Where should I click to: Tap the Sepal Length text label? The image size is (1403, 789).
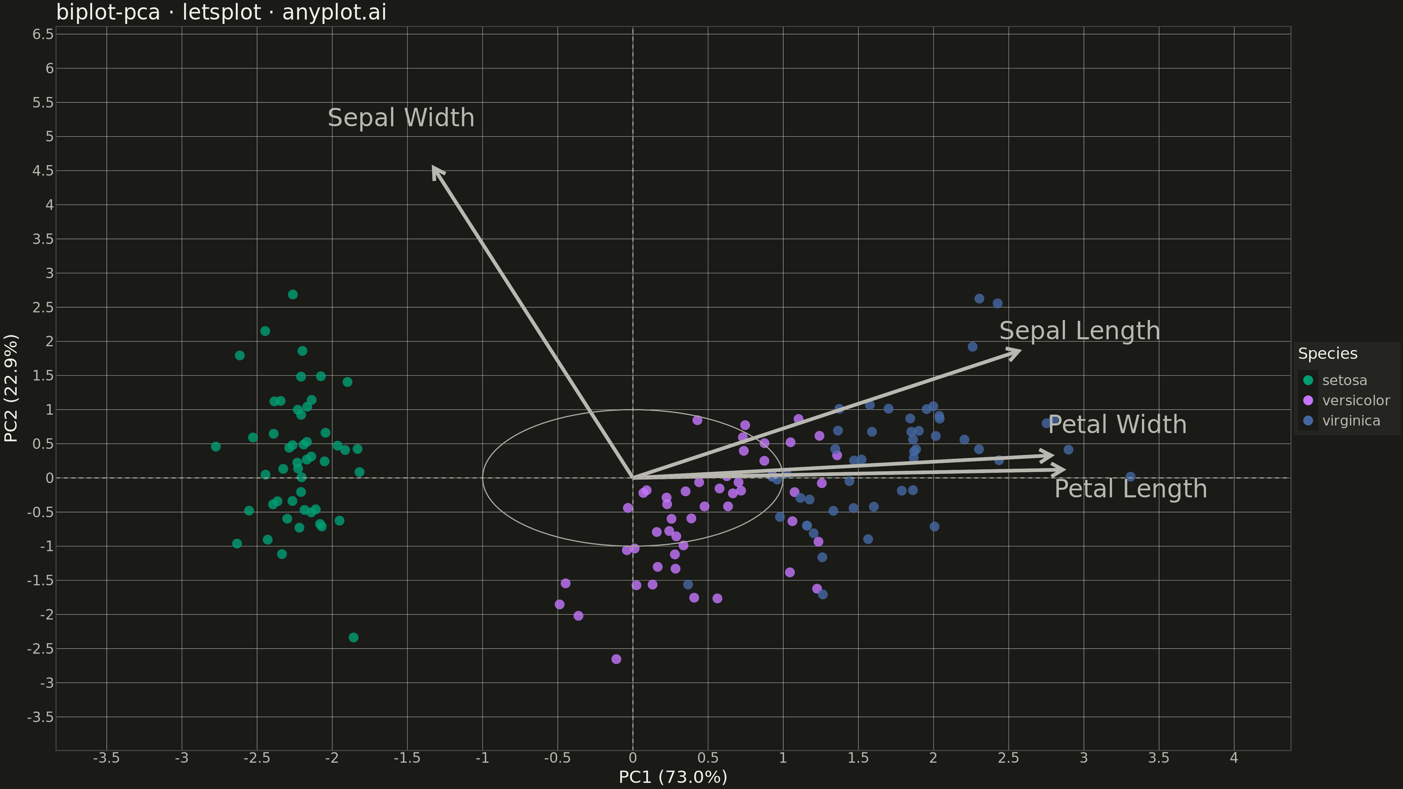pos(1079,331)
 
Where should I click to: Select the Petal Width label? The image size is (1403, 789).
pos(1117,425)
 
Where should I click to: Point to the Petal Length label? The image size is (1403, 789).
pos(1131,489)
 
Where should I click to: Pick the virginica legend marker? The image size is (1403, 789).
pos(1308,421)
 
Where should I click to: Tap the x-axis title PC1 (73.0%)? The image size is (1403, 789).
pos(673,776)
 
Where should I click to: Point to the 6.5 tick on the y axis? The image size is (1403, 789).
pos(43,34)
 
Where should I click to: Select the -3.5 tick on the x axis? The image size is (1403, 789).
pos(106,758)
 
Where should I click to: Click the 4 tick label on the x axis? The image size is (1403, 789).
pos(1234,758)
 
